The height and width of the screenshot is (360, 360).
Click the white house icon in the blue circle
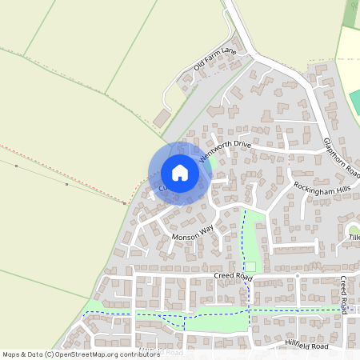(180, 173)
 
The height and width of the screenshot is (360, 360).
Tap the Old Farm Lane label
(216, 58)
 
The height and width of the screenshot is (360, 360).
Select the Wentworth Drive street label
(226, 149)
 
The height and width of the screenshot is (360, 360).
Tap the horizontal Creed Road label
(233, 276)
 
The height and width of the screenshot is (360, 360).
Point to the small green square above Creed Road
(250, 266)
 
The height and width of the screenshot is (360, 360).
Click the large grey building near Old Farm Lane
(162, 118)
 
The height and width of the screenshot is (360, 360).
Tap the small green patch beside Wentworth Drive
(211, 164)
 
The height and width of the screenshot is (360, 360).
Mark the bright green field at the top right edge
(355, 101)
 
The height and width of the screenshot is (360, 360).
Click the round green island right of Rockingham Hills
(354, 230)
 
